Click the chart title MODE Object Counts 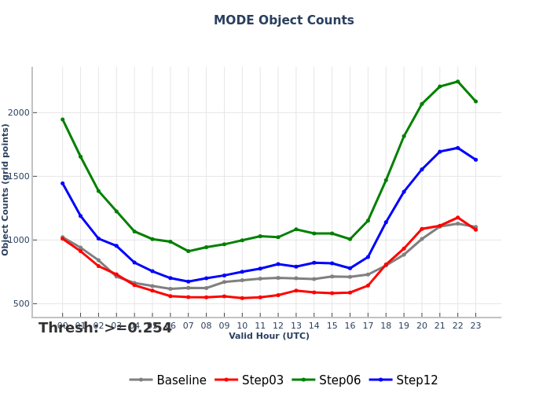pyautogui.click(x=284, y=20)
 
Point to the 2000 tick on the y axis pyautogui.click(x=18, y=113)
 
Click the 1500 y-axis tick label pyautogui.click(x=18, y=177)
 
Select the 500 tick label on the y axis pyautogui.click(x=21, y=304)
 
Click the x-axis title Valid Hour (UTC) pyautogui.click(x=269, y=336)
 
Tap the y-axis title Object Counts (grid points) pyautogui.click(x=6, y=189)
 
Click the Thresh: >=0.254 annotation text pyautogui.click(x=105, y=328)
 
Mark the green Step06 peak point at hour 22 pyautogui.click(x=457, y=82)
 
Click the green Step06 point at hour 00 pyautogui.click(x=63, y=119)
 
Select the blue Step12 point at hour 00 pyautogui.click(x=63, y=183)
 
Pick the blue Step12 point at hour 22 pyautogui.click(x=457, y=148)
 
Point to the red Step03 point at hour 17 pyautogui.click(x=368, y=285)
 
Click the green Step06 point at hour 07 pyautogui.click(x=189, y=252)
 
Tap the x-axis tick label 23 pyautogui.click(x=475, y=325)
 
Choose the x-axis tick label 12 pyautogui.click(x=278, y=325)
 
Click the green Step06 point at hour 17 pyautogui.click(x=368, y=220)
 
